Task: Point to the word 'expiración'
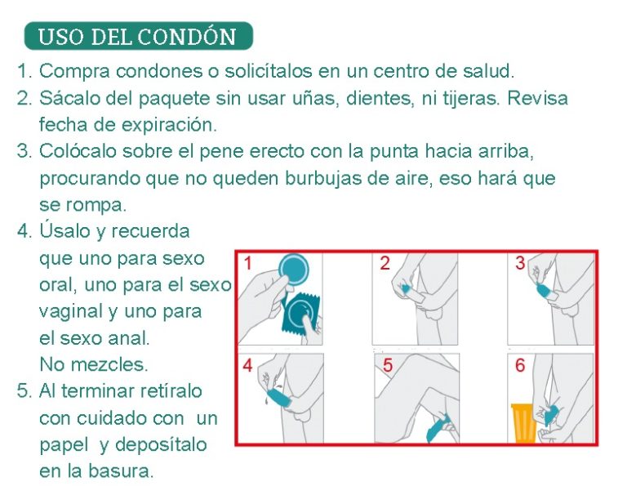click(x=170, y=125)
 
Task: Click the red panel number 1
click(x=247, y=263)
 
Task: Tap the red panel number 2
click(x=385, y=263)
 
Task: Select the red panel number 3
click(x=520, y=263)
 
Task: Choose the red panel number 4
click(x=247, y=365)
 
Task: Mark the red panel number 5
click(x=388, y=365)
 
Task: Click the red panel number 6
click(x=520, y=365)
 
